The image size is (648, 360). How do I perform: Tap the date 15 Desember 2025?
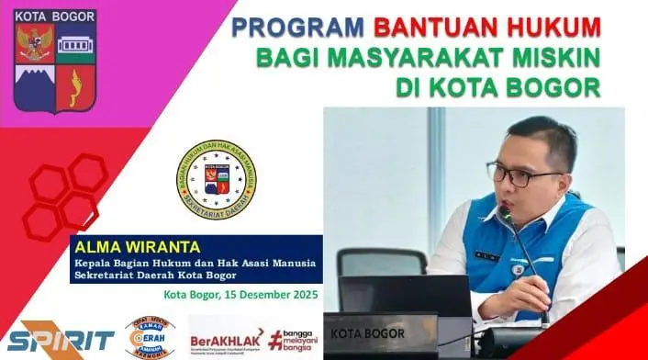268,295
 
